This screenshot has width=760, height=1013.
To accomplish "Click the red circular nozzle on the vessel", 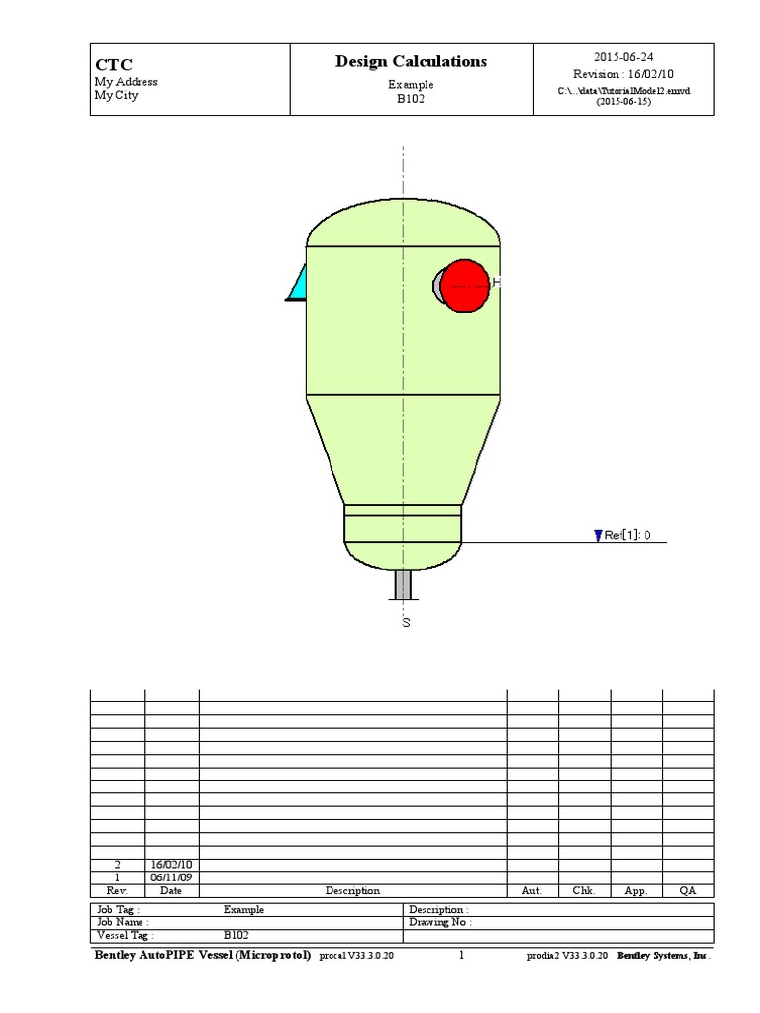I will pos(464,286).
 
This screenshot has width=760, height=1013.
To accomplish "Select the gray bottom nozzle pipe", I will pos(404,585).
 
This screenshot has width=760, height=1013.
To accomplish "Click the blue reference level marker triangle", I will pos(597,536).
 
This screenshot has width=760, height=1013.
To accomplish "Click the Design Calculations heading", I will pos(411,62).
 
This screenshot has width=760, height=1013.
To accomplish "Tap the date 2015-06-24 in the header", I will pos(623,57).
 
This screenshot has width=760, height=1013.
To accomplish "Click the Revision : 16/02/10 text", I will pos(623,74).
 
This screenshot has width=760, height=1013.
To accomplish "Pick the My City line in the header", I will pos(117,96).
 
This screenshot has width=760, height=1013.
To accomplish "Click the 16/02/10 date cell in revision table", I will pos(171,864).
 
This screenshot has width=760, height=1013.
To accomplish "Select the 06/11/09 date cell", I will pos(171,876).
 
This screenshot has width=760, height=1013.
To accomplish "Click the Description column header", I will pos(352,890).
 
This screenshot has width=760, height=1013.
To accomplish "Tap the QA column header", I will pos(688,890).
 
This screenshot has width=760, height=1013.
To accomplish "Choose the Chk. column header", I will pos(584,890).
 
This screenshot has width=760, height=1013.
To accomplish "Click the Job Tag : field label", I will pos(118,909).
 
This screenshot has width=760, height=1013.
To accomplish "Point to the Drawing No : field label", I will pos(440,922).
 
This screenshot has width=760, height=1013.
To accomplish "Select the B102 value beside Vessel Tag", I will pos(236,935).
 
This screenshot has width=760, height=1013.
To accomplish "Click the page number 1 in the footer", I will pos(461,956).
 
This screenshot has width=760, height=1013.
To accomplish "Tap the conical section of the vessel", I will pos(403,450).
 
